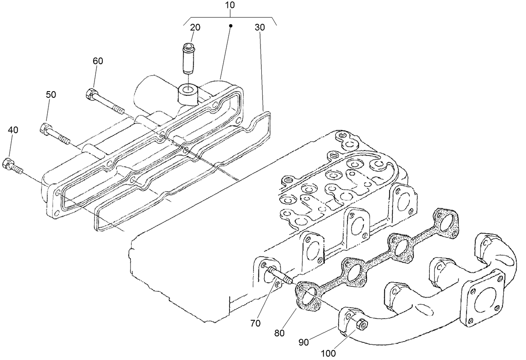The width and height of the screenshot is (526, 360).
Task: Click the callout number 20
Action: (195, 28)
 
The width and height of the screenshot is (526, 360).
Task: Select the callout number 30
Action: (260, 28)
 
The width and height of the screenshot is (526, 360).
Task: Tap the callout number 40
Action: (13, 130)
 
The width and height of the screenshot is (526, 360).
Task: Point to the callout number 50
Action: (51, 94)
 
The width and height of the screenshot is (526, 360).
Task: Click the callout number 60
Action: (97, 61)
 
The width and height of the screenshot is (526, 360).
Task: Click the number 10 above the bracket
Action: (230, 5)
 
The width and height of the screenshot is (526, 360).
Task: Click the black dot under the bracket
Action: (230, 26)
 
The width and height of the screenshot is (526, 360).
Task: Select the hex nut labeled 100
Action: (361, 324)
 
